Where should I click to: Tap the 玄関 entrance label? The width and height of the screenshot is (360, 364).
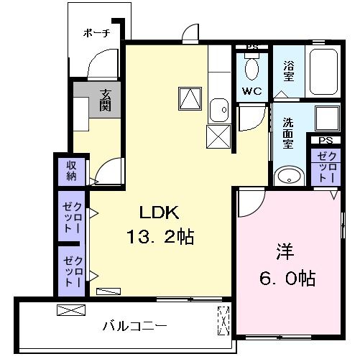click(106, 100)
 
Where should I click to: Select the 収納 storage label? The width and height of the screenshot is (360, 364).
click(72, 171)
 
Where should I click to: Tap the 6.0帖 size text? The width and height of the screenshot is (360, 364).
click(286, 277)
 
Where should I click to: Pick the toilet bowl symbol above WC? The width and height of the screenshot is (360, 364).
click(251, 68)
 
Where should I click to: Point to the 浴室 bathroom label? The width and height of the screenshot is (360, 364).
click(289, 69)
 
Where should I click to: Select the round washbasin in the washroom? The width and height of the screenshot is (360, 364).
click(288, 177)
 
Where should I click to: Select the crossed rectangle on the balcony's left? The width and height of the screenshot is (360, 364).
click(70, 311)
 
